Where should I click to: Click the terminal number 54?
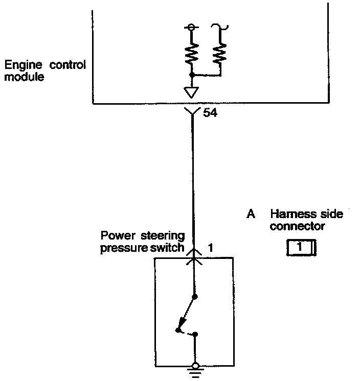point(210,113)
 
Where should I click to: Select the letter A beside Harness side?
point(251,215)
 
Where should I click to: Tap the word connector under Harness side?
point(298,226)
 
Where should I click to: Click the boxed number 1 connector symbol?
point(301,248)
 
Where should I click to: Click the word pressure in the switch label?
point(122,248)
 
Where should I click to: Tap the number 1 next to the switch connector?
point(210,248)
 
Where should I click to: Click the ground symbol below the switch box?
point(195,370)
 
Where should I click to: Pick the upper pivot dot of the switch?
point(195,296)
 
